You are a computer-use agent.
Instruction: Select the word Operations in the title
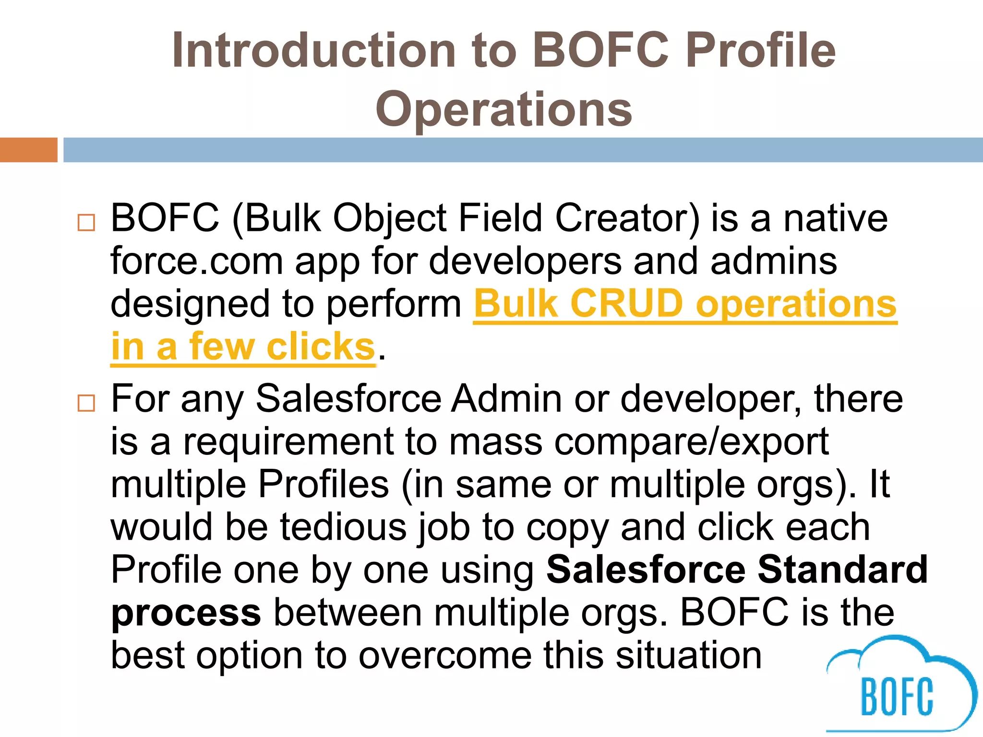tap(503, 109)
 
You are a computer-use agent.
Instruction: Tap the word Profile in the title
tap(761, 50)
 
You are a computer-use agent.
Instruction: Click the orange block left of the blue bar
tap(28, 150)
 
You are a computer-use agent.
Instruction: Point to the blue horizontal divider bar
tap(523, 150)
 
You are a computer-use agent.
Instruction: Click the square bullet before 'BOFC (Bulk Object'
tap(86, 223)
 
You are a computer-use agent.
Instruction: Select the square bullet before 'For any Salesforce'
tap(86, 403)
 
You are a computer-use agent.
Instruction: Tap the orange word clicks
tap(320, 346)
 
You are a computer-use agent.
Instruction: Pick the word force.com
tap(197, 262)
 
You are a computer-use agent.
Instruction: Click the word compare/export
tap(692, 442)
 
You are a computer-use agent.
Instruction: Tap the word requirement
tap(288, 442)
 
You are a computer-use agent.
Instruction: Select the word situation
tap(689, 655)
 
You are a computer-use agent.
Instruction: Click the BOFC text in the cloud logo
tap(897, 697)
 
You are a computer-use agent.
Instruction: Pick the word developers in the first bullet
tap(525, 262)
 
